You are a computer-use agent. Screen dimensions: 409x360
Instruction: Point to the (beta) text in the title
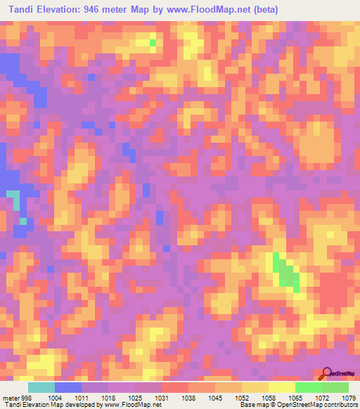coord(262,10)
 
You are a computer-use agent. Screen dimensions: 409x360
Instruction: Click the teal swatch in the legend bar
coord(41,388)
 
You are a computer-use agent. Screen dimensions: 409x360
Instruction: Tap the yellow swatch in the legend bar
coord(281,388)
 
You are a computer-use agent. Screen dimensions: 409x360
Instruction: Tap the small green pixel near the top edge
coord(153,43)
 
